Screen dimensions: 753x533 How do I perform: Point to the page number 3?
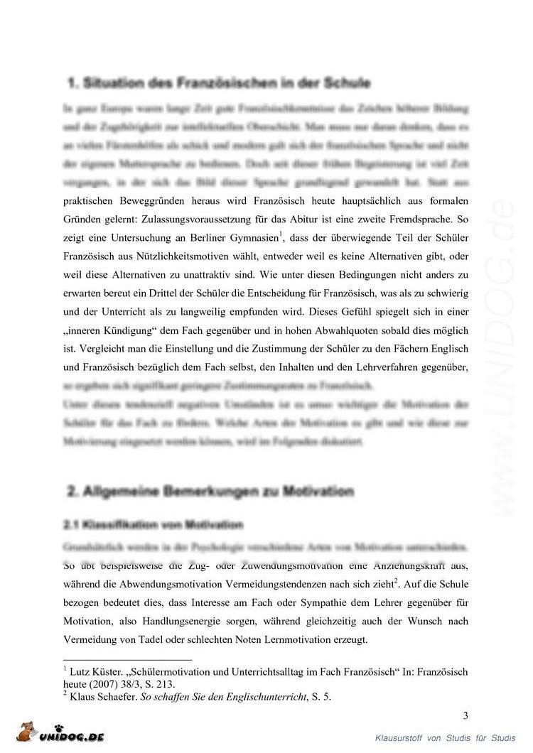(465, 715)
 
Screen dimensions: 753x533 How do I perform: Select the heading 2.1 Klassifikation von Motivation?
(154, 526)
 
